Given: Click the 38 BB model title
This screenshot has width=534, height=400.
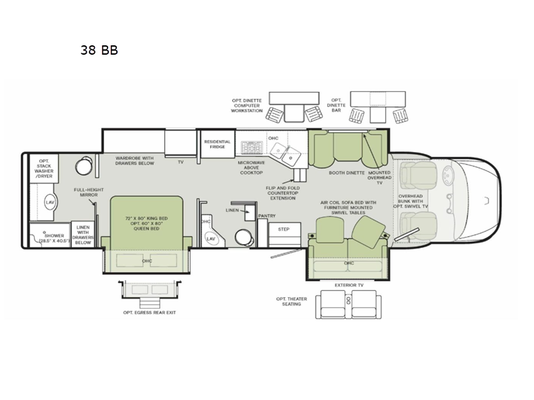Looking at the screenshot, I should pos(99,50).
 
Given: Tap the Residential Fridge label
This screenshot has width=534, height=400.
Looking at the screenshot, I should pos(217,145).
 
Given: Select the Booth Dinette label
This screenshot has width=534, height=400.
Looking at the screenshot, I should pos(347,173).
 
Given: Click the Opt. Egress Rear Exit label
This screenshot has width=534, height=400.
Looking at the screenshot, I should pos(150,311).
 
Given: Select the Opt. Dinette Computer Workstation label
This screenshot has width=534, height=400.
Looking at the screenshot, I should pos(247,106).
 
